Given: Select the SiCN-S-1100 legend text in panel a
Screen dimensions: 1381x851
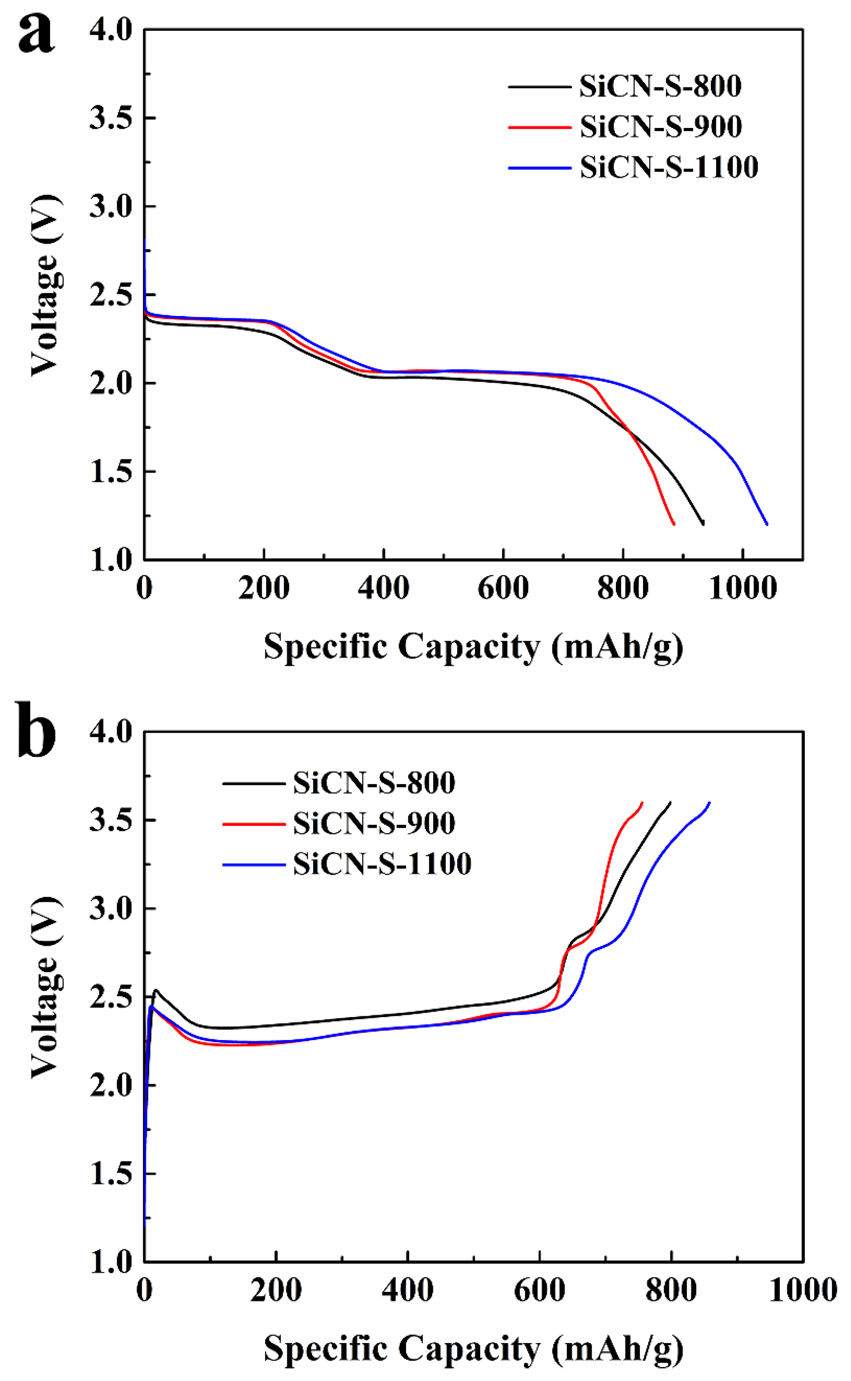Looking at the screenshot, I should point(669,167).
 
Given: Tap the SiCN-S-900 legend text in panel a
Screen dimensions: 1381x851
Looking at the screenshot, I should point(660,127).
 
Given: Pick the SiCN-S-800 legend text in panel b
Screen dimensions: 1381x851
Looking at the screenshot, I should point(374,783).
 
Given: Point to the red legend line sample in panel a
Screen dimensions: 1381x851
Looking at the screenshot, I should point(540,127).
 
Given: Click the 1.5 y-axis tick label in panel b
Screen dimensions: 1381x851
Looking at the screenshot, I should point(111,1174).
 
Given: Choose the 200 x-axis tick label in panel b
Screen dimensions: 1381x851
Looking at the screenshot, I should point(276,1289).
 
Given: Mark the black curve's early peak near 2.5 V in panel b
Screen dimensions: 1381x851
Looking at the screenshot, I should point(156,990).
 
